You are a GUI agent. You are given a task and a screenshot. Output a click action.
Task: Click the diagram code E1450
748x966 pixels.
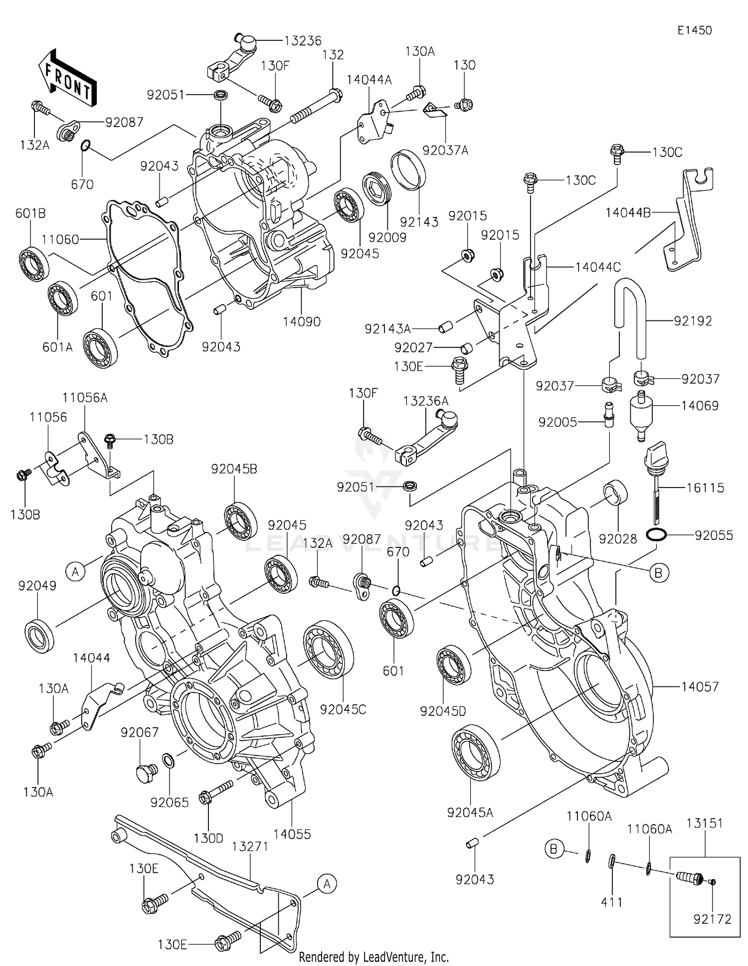pyautogui.click(x=694, y=30)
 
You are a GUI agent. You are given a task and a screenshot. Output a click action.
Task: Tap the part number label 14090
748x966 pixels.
pyautogui.click(x=301, y=322)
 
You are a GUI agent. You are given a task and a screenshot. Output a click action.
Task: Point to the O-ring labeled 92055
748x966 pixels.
pyautogui.click(x=656, y=535)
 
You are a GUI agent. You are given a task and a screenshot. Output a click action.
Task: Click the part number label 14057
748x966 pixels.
pyautogui.click(x=700, y=686)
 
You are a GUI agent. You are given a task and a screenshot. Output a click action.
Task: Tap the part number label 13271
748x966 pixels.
pyautogui.click(x=250, y=846)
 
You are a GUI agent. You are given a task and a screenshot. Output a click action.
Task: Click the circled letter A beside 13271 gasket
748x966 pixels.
pyautogui.click(x=327, y=884)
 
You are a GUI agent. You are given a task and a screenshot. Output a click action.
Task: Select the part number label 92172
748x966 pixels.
pyautogui.click(x=712, y=919)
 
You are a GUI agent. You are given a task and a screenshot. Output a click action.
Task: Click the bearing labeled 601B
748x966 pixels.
pyautogui.click(x=34, y=264)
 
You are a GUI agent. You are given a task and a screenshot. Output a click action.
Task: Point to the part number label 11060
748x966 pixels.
pyautogui.click(x=60, y=240)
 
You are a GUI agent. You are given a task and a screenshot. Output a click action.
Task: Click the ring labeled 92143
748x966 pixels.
pyautogui.click(x=408, y=170)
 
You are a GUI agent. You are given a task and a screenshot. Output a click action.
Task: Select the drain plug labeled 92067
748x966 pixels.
pyautogui.click(x=146, y=772)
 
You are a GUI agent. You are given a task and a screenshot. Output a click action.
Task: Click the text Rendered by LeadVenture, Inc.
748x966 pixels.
pyautogui.click(x=374, y=957)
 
